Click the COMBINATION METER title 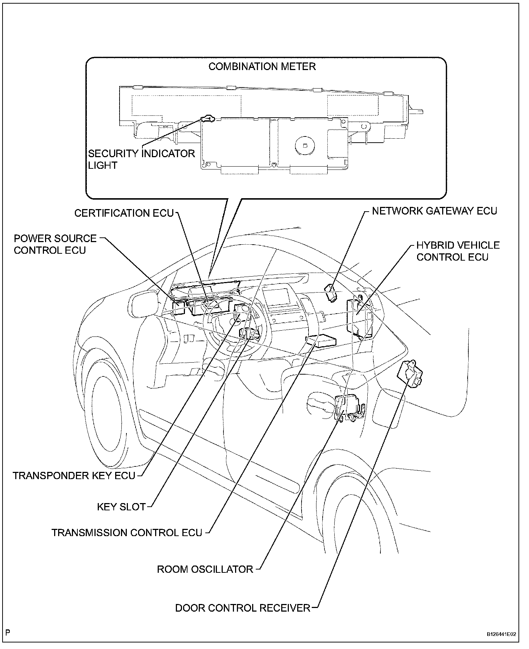pyautogui.click(x=262, y=66)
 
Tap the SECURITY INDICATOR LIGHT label pyautogui.click(x=141, y=159)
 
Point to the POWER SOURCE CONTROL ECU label pyautogui.click(x=55, y=244)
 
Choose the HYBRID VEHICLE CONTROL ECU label pyautogui.click(x=458, y=251)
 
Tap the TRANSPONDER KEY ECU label pyautogui.click(x=74, y=475)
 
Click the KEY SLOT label pyautogui.click(x=121, y=507)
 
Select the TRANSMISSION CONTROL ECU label pyautogui.click(x=127, y=532)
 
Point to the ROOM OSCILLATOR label pyautogui.click(x=205, y=569)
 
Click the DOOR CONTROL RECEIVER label pyautogui.click(x=243, y=608)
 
